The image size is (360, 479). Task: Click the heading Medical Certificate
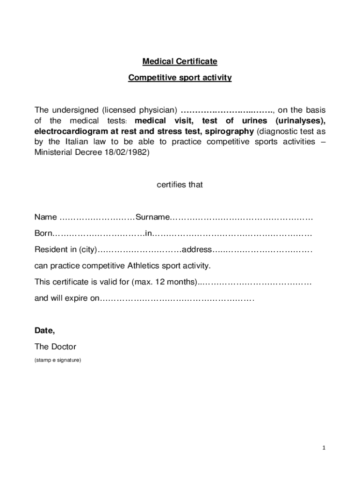point(180,62)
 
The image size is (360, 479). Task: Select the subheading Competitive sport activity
point(180,78)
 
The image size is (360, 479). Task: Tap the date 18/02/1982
point(126,152)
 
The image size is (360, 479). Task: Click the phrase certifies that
point(180,185)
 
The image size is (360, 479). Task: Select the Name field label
point(46,218)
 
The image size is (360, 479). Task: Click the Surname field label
point(152,218)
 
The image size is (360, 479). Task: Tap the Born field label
point(43,233)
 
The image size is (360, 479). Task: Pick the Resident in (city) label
point(65,250)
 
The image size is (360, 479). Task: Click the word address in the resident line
point(197,250)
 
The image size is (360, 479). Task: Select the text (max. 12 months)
point(164,282)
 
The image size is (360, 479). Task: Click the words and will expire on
point(67,298)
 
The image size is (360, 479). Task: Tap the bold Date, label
point(45,331)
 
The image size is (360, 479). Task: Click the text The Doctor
point(55,347)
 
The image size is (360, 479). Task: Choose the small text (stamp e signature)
point(58,360)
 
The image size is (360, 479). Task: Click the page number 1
point(323,448)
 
